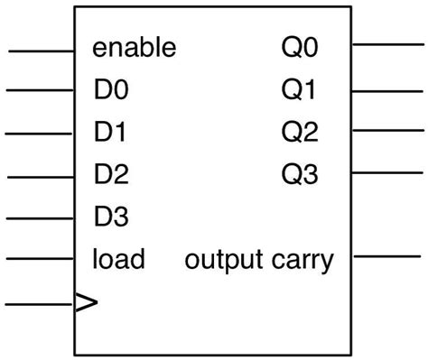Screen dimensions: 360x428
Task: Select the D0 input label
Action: point(111,90)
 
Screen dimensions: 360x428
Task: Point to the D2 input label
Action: point(111,174)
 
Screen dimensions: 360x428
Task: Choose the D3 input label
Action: point(111,217)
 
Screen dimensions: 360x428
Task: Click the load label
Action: point(118,260)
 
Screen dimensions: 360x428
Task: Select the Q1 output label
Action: point(300,90)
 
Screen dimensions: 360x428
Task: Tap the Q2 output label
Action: point(300,132)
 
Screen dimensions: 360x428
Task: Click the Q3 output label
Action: point(300,174)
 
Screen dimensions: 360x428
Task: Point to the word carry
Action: point(302,262)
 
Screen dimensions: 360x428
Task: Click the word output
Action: point(225,262)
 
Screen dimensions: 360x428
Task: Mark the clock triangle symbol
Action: point(86,303)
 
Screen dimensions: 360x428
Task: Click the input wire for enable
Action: point(41,51)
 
